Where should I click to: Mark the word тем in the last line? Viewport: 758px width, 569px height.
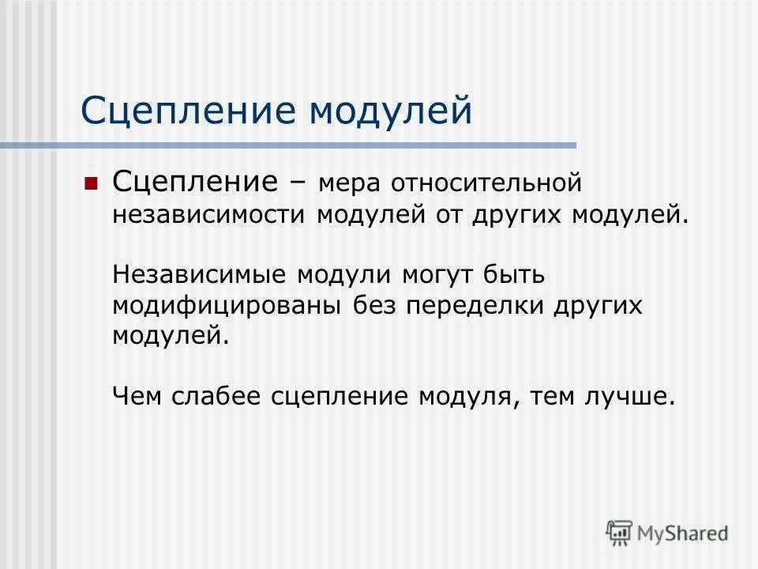[x=554, y=395]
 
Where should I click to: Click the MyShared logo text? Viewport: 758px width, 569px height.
[x=683, y=533]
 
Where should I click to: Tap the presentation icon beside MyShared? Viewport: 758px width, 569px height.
[x=620, y=532]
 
